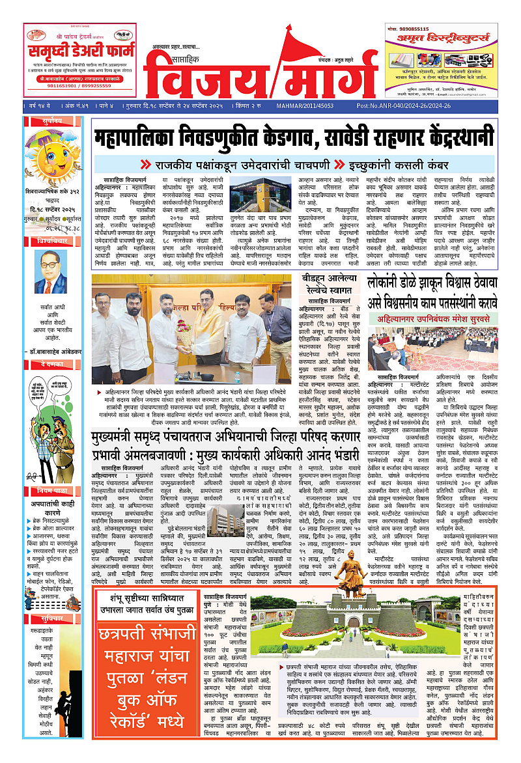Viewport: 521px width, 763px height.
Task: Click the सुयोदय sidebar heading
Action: [49, 121]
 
